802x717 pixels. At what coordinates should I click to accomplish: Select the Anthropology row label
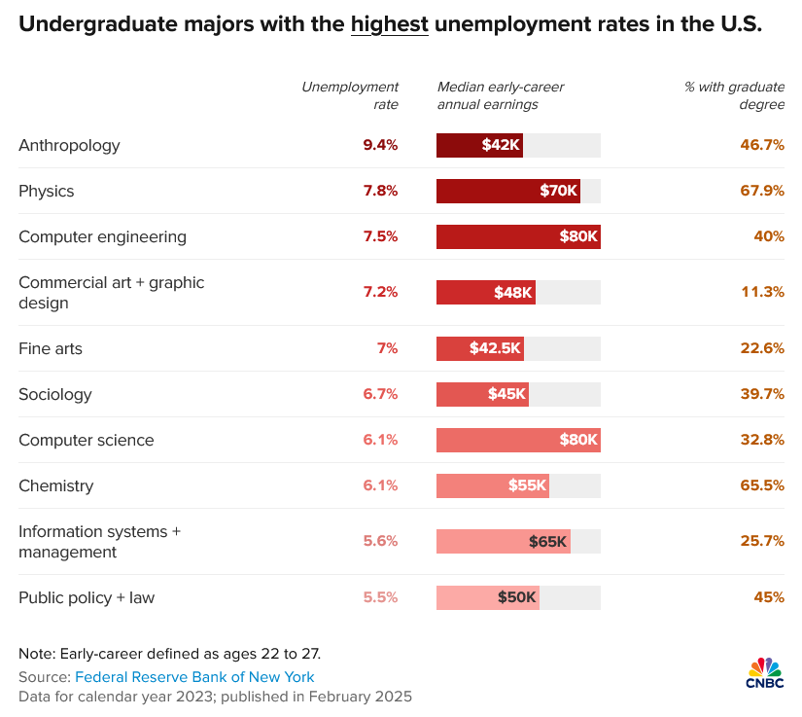69,145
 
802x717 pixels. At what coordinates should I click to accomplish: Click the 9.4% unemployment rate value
380,145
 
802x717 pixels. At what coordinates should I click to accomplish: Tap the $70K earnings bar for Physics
507,191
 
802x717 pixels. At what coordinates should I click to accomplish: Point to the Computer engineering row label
102,236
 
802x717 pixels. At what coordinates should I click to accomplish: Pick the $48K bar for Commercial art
485,292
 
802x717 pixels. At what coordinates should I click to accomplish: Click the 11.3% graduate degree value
762,292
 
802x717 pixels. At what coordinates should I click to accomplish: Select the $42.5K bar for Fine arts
480,348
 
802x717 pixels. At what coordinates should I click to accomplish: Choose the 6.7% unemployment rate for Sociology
380,394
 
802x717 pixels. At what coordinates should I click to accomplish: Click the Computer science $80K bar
518,440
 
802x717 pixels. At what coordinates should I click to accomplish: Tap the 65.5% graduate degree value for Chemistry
762,485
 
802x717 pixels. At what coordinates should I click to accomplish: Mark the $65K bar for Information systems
503,542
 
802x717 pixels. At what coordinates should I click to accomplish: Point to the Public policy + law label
87,597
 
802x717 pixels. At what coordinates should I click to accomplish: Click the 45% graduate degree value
768,597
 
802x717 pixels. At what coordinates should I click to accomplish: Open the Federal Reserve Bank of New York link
194,677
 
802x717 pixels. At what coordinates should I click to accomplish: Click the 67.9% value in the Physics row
762,191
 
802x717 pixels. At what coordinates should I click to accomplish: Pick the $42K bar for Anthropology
479,145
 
